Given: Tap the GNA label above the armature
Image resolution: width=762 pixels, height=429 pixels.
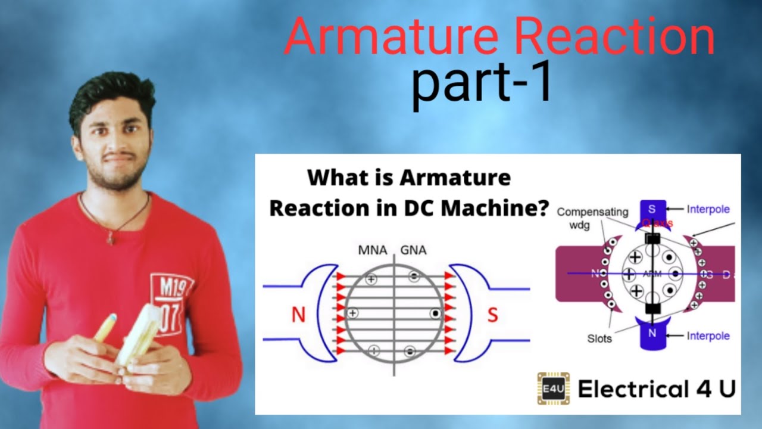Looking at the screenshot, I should [414, 250].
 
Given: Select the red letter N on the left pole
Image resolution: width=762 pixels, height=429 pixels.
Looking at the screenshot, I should [298, 315].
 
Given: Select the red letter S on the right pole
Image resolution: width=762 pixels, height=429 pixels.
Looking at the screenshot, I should [492, 315].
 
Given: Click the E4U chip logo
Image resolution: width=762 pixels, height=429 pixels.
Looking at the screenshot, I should [553, 388].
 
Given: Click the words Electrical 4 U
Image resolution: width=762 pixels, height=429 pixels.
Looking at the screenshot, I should [657, 389].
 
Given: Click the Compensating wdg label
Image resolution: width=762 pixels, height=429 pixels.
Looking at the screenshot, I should [592, 217].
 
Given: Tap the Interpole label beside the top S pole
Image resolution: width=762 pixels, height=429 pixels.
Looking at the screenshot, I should [708, 209].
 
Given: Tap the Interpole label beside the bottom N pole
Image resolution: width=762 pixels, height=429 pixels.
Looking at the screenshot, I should [708, 336].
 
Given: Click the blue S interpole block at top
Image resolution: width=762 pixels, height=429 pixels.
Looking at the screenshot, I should [652, 210].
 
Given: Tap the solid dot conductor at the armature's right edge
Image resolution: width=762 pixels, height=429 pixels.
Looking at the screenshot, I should [436, 313].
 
